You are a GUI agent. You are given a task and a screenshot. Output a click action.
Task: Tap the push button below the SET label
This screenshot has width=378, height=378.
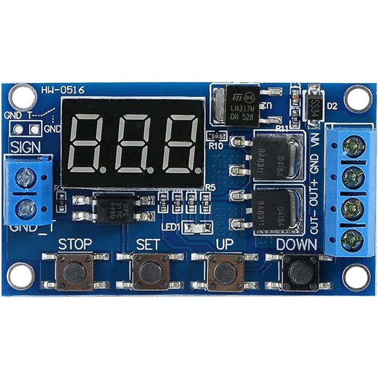tap(151, 271)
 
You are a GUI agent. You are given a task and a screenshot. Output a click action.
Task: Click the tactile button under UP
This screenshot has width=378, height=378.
tap(225, 271)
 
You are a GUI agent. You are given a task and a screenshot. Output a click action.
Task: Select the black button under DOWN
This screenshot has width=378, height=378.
tap(300, 271)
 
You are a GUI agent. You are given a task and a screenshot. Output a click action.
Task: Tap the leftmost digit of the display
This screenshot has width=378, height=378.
tap(87, 143)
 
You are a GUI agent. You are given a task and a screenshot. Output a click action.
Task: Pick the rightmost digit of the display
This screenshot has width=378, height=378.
tap(180, 143)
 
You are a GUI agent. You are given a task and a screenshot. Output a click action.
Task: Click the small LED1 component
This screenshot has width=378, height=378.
tap(202, 227)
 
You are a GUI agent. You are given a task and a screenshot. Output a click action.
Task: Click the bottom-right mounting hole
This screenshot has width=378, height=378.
tap(356, 277)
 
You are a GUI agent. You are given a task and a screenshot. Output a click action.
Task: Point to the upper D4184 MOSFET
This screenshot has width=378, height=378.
tap(274, 151)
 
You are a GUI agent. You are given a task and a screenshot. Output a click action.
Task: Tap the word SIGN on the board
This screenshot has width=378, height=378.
tap(25, 146)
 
